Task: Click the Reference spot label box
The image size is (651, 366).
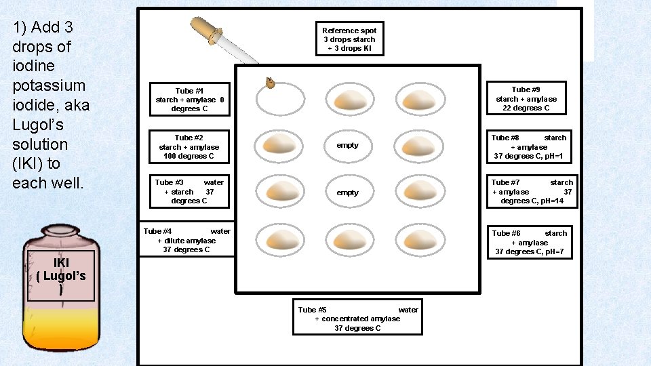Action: pos(349,39)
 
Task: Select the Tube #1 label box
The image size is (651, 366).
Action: pos(189,100)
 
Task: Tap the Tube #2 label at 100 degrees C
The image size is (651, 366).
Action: pos(189,147)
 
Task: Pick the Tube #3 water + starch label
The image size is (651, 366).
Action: pos(189,191)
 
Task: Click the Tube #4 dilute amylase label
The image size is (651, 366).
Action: pos(186,240)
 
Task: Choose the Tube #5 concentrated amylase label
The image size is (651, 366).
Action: pos(357,319)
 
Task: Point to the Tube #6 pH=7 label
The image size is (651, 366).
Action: pos(529,243)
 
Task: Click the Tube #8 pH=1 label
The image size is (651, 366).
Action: pos(529,147)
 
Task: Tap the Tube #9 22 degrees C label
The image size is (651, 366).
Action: pos(526,98)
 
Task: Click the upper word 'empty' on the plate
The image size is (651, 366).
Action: pos(348,145)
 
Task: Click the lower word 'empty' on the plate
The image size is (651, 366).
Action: pos(348,192)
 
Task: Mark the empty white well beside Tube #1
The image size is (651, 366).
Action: pos(281,99)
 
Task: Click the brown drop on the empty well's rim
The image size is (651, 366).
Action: pos(269,83)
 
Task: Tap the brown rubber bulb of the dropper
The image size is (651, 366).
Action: pos(203,28)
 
